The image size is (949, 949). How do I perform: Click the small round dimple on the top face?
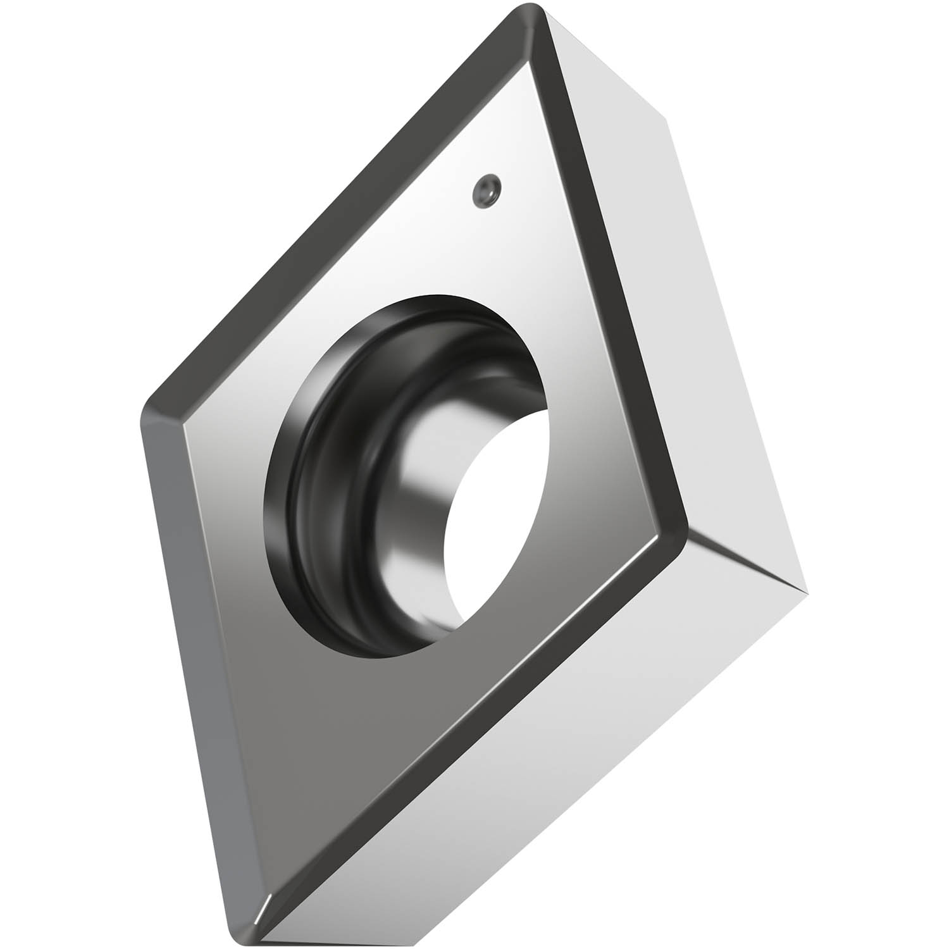486,189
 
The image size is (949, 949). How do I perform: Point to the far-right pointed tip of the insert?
807,592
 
